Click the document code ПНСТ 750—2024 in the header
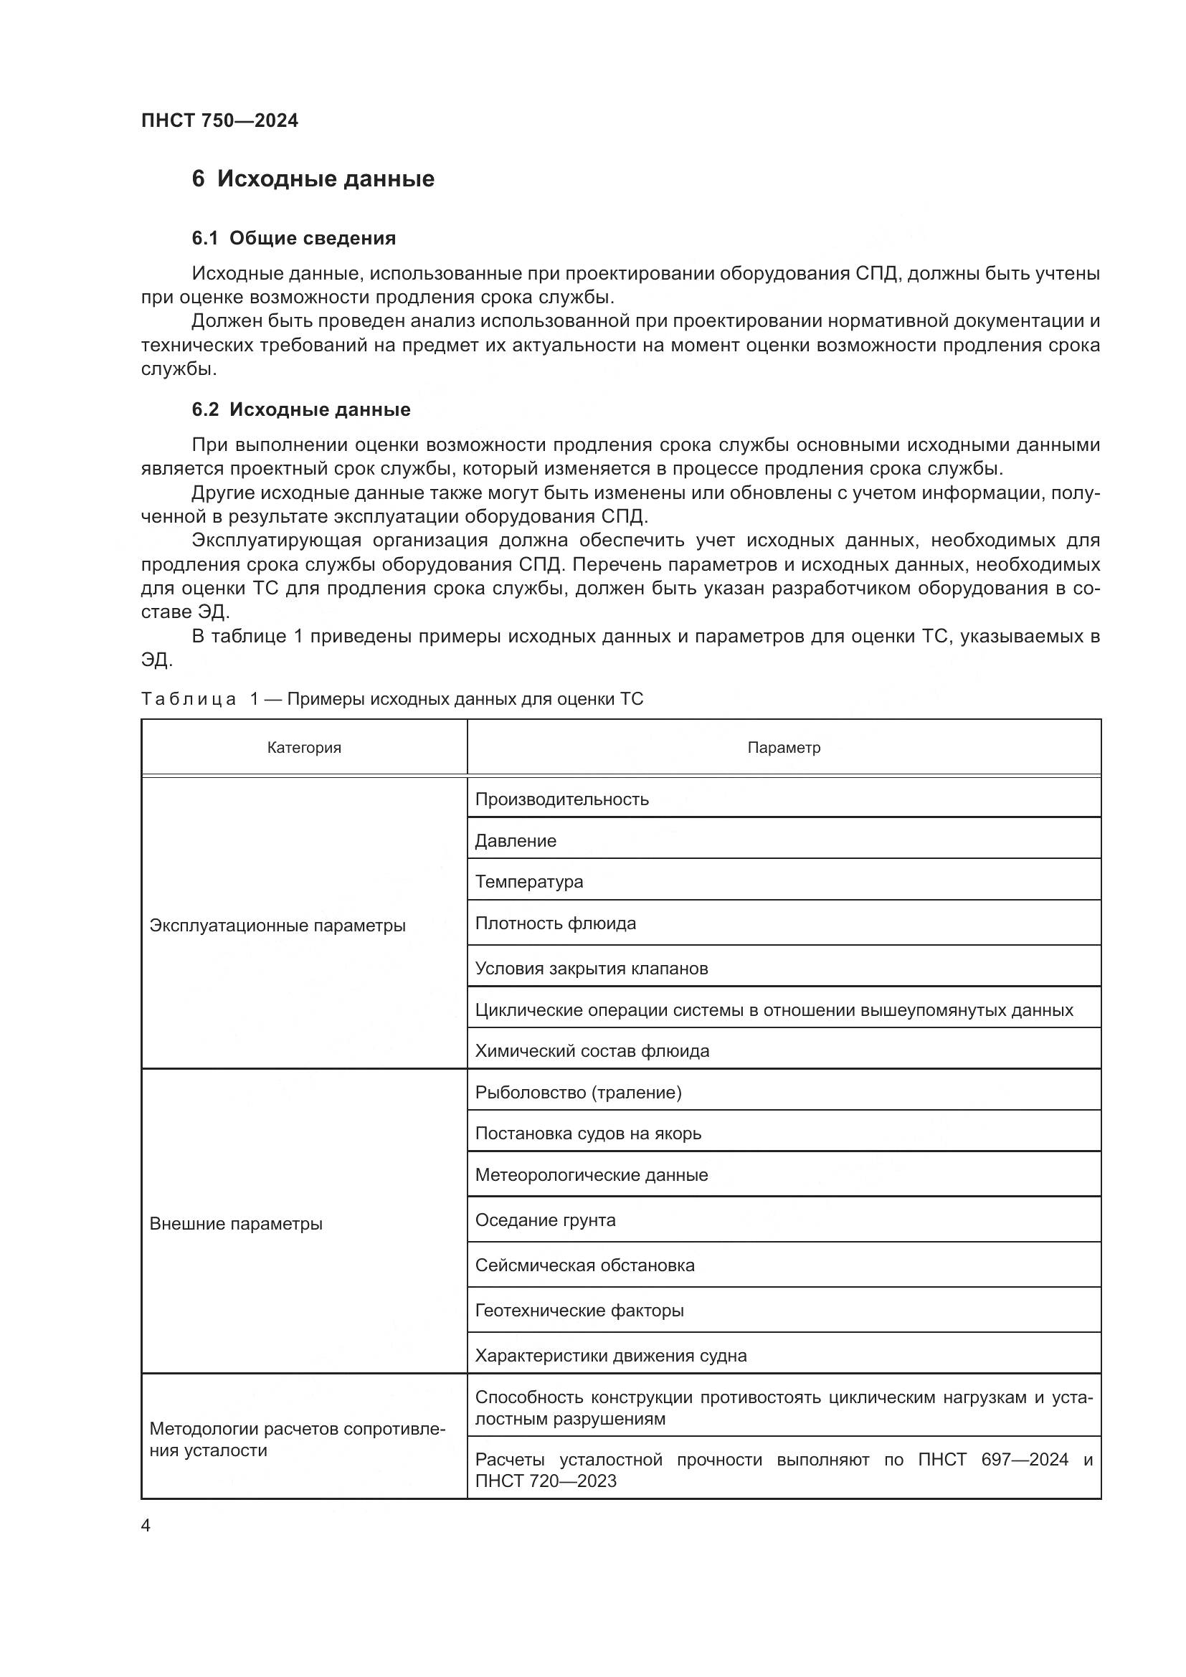(x=220, y=120)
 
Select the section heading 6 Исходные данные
(x=313, y=179)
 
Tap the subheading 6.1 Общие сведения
(x=293, y=238)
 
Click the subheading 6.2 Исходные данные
(x=301, y=410)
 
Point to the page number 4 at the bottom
(x=146, y=1525)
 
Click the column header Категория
(x=304, y=747)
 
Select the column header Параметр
(x=784, y=747)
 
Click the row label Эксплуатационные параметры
(x=277, y=926)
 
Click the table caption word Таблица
(x=189, y=699)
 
